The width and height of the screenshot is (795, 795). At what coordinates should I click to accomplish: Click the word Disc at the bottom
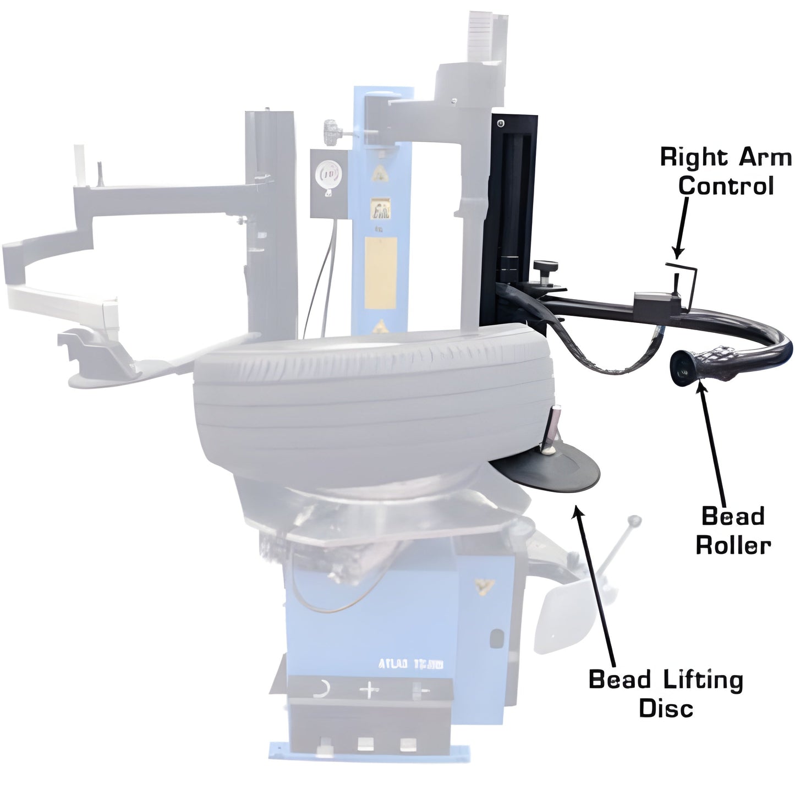coord(666,709)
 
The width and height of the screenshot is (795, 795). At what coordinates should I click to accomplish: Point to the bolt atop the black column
coord(500,122)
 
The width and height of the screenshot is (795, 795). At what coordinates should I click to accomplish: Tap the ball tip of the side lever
coord(636,519)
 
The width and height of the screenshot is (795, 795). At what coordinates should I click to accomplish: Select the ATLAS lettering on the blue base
coord(411,664)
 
